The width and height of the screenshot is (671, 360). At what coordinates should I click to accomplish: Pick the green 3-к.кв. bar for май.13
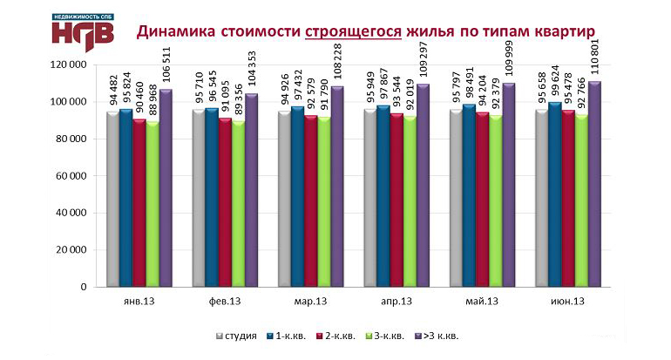[x=495, y=200]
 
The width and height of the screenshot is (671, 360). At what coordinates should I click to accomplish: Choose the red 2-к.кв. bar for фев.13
[x=225, y=201]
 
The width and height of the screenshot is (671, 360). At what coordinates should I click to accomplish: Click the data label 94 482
[x=113, y=92]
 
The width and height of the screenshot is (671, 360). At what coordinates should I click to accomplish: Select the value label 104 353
[x=252, y=67]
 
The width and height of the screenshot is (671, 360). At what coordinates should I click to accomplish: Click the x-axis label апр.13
[x=396, y=302]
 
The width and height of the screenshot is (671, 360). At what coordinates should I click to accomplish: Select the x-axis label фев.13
[x=225, y=302]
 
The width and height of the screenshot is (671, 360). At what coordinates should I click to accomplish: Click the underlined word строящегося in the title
[x=353, y=31]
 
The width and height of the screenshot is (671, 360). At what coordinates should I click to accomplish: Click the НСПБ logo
[x=81, y=30]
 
